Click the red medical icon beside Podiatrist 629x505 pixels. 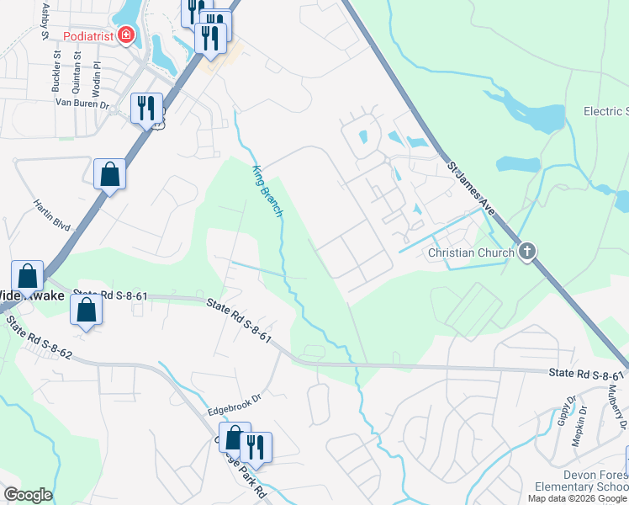click(x=126, y=35)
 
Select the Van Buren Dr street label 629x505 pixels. click(x=82, y=104)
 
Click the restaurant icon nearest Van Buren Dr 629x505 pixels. click(x=147, y=106)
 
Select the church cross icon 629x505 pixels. click(x=526, y=251)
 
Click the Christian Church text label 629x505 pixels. click(x=471, y=252)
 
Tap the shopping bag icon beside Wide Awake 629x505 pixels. click(x=27, y=275)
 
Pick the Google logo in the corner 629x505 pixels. click(x=28, y=495)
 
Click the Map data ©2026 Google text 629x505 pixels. click(x=578, y=498)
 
